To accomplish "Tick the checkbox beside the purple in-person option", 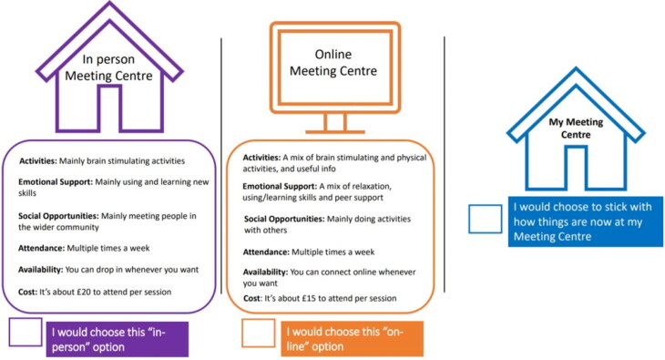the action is pos(26,332).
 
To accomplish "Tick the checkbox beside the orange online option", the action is pos(259,333).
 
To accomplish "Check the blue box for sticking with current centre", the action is pos(486,219).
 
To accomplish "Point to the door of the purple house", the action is pos(110,108).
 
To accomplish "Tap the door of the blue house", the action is pos(576,168).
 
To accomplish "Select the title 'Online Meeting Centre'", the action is pos(333,62).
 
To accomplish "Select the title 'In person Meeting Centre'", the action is pos(108,67).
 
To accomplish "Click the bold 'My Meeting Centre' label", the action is pos(576,129).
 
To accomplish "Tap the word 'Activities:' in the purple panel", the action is pos(37,161).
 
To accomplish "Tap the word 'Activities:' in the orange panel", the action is pos(261,158).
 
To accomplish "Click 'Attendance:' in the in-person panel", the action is pos(41,248).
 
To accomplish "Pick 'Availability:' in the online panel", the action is pos(265,273).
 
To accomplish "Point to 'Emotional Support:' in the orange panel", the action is pos(280,186).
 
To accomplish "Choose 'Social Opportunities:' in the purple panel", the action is pos(58,216).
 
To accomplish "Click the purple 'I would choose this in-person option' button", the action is pos(118,339).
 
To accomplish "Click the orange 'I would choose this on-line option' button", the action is pos(353,339).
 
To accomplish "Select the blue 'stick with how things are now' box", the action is pos(586,221).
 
